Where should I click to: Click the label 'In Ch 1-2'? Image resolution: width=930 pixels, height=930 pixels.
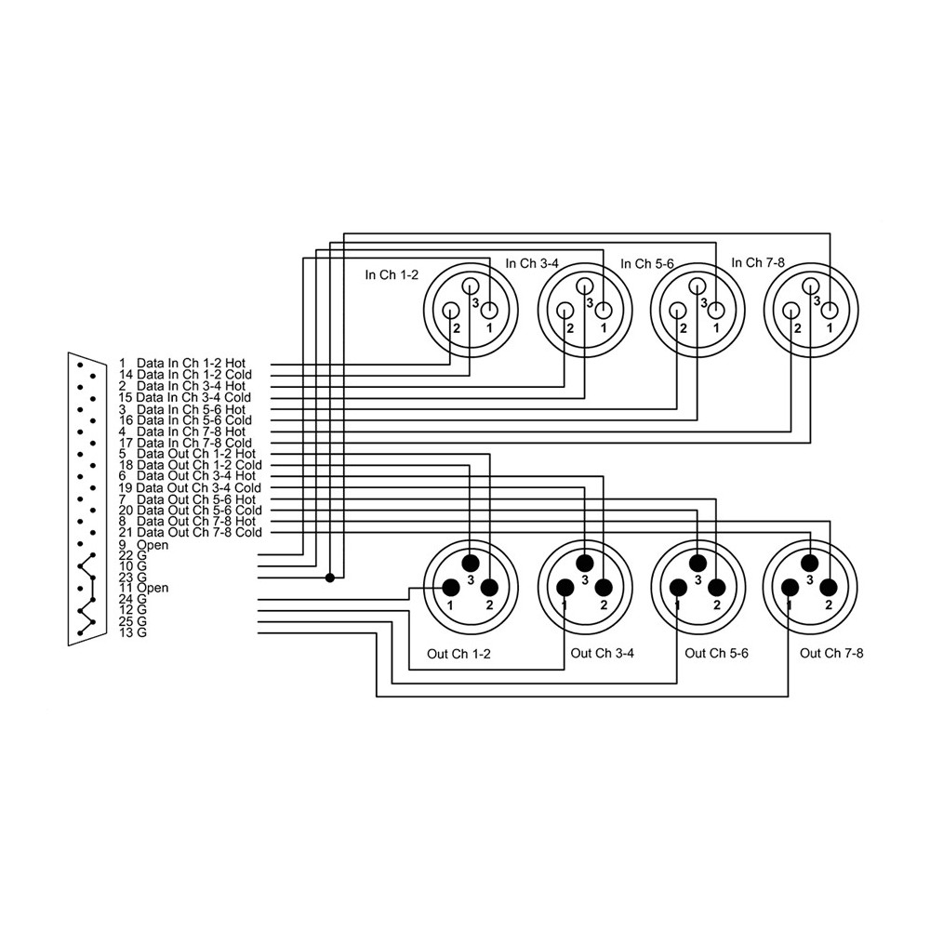point(392,275)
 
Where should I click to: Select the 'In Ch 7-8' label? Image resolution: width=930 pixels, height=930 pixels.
point(758,263)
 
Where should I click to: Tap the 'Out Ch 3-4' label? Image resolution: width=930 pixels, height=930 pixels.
point(602,653)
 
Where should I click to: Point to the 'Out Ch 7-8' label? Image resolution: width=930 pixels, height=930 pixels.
point(831,654)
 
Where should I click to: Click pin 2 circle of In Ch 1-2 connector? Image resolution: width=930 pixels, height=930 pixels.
point(451,311)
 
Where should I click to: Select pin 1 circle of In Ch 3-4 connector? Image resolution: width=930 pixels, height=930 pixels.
point(604,311)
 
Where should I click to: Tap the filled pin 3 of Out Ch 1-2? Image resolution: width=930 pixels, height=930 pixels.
point(471,563)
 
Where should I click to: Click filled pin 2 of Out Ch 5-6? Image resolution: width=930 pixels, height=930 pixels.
point(716,588)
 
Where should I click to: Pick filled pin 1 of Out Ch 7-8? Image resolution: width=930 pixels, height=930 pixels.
point(790,588)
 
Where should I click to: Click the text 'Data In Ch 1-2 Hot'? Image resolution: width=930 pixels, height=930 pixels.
point(191,363)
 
